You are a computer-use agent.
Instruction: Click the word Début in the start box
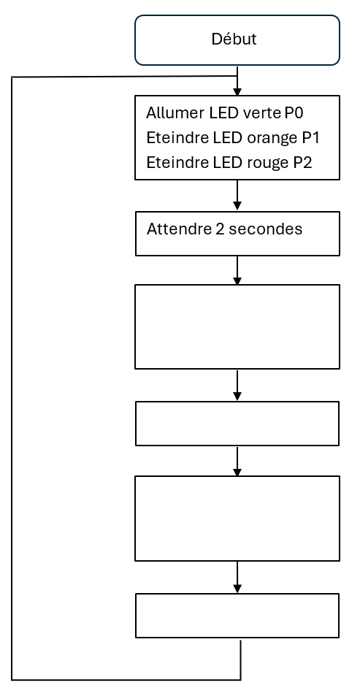coord(234,39)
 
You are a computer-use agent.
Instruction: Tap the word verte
coord(261,113)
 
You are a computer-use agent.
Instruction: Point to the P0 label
coord(294,113)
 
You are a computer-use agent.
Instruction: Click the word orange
coord(272,139)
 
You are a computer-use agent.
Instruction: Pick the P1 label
coord(310,138)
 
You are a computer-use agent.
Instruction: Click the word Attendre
coord(179,229)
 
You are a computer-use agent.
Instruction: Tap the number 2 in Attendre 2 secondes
coord(220,229)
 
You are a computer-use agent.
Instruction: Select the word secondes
coord(266,229)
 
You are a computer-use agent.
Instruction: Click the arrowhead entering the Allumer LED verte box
coord(237,92)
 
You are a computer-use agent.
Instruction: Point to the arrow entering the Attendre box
coord(237,195)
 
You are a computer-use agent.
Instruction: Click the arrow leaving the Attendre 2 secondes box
coord(237,270)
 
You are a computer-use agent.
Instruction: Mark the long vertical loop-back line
coord(12,378)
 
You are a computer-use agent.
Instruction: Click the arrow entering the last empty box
coord(237,577)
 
